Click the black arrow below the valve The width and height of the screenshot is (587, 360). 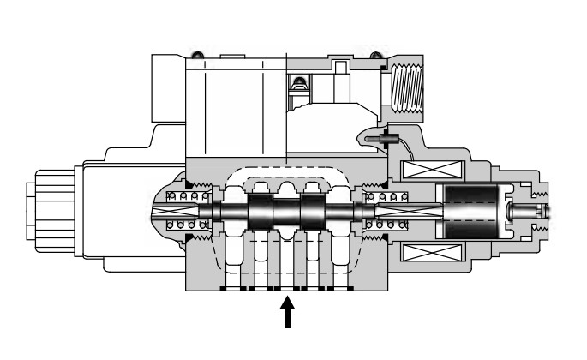[x=289, y=312]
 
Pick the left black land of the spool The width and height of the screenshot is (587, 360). [x=261, y=211]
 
